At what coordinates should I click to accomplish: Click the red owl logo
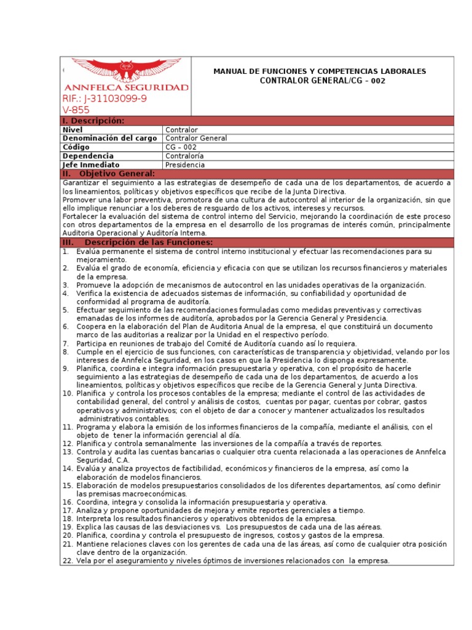point(126,70)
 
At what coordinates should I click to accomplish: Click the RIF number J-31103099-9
point(104,99)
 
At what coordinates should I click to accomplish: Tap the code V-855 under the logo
point(76,110)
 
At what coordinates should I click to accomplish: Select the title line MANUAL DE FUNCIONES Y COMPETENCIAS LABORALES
point(320,72)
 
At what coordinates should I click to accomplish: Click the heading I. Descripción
point(93,121)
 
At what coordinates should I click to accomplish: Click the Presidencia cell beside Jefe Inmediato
point(186,165)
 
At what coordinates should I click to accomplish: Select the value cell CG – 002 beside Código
point(181,147)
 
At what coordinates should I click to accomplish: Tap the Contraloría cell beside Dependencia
point(185,156)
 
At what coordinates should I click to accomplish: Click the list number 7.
point(66,343)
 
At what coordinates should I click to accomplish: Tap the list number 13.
point(68,452)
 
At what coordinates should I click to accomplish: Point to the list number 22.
point(68,560)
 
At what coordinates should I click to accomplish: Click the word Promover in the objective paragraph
point(81,200)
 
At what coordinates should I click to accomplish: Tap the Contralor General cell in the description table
point(196,138)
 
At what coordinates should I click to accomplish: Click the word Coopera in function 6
point(92,327)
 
